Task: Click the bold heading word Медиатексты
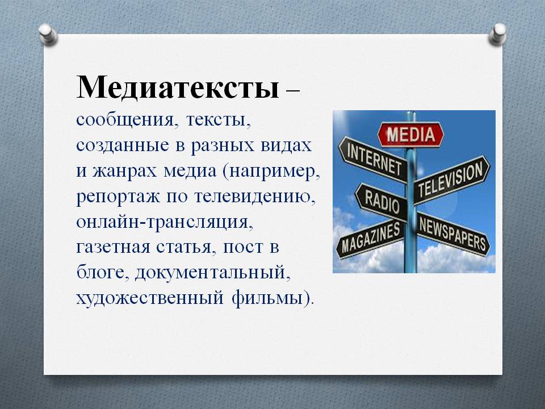tap(178, 87)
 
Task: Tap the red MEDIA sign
tap(410, 134)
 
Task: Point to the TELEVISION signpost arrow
tap(451, 180)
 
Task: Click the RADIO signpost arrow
tap(381, 202)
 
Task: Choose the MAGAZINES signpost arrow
tap(371, 239)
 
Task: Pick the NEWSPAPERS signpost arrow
tap(453, 233)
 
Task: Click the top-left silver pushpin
tap(48, 34)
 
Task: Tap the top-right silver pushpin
tap(497, 34)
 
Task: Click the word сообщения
tap(124, 120)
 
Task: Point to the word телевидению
tap(254, 197)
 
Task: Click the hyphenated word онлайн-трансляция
tap(164, 222)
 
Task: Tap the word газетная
tap(114, 248)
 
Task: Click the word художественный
tap(150, 298)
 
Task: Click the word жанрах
tap(124, 172)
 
